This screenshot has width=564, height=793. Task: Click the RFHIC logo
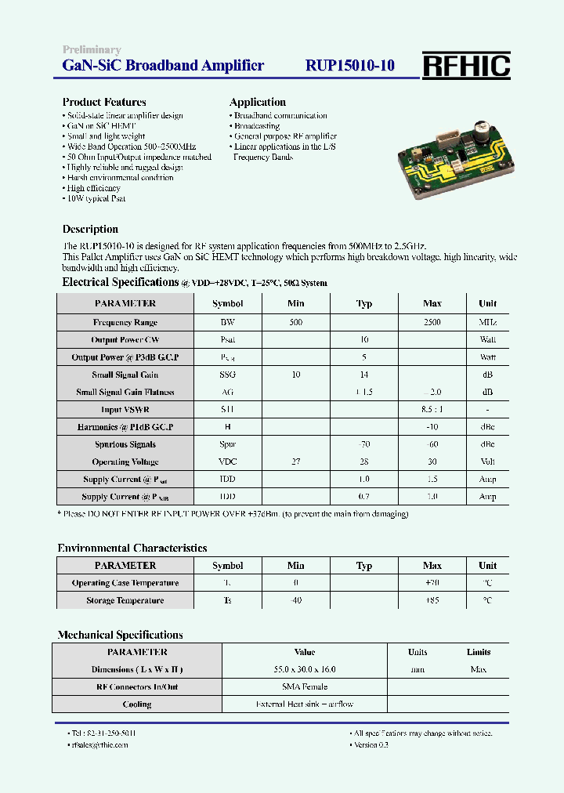[x=467, y=67]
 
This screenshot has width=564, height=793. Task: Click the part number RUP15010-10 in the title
[x=349, y=67]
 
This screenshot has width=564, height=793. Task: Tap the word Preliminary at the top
[x=92, y=50]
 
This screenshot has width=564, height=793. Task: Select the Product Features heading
[x=104, y=102]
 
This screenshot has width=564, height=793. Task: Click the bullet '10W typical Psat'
[x=96, y=198]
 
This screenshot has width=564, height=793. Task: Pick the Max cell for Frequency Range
[x=432, y=322]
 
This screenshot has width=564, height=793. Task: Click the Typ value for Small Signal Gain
[x=363, y=375]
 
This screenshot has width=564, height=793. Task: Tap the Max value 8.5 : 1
[x=432, y=410]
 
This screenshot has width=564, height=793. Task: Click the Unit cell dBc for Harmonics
[x=487, y=427]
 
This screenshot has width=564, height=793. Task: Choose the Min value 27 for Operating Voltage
[x=295, y=462]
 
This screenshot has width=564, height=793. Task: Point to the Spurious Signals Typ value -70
[x=363, y=444]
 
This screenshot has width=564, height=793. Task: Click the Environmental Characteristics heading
[x=132, y=549]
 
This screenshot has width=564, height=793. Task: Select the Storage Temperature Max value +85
[x=432, y=600]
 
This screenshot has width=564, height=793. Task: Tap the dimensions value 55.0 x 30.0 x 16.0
[x=305, y=669]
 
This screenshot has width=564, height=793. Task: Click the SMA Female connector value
[x=305, y=686]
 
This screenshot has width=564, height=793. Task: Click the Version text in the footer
[x=371, y=744]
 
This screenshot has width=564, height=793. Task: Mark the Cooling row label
[x=137, y=704]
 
